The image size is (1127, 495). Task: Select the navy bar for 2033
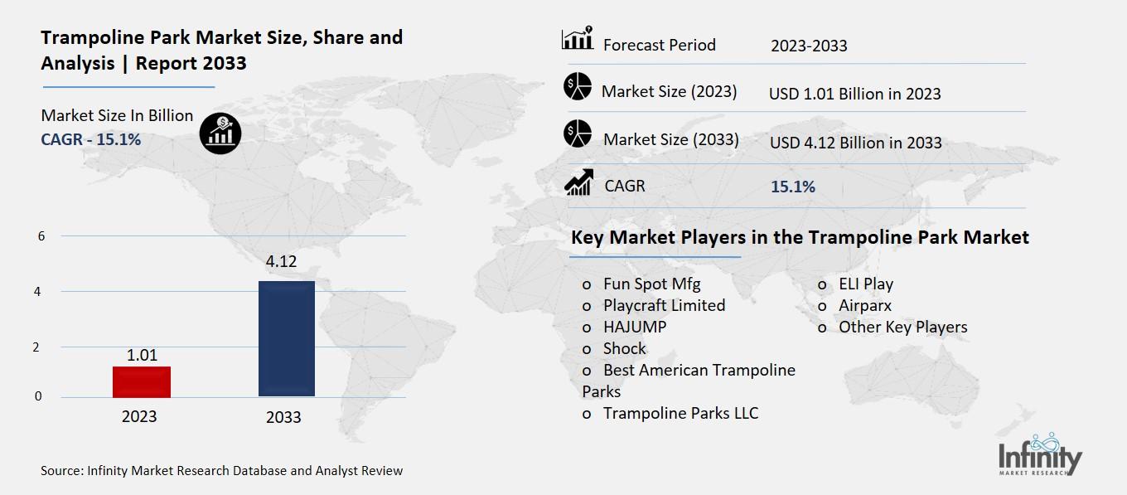tap(287, 338)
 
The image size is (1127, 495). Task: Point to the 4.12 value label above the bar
tap(281, 262)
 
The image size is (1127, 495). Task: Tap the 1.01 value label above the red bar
tap(143, 355)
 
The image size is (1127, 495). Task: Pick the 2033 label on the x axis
tap(283, 417)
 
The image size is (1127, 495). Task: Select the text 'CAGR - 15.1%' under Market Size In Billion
tap(91, 139)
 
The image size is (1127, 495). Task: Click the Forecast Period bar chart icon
tap(577, 39)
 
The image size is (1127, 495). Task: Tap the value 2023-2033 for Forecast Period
tap(809, 46)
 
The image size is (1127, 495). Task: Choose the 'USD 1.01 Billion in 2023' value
tap(854, 94)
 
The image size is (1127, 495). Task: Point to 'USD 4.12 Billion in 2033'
tap(855, 143)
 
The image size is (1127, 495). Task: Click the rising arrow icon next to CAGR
tap(578, 182)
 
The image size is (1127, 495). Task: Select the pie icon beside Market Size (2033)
tap(577, 134)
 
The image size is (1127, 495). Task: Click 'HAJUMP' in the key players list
tap(635, 327)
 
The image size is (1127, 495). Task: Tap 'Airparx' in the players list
tap(865, 305)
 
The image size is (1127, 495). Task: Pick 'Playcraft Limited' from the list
tap(664, 305)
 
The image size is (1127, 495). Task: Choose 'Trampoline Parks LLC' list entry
tap(680, 413)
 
